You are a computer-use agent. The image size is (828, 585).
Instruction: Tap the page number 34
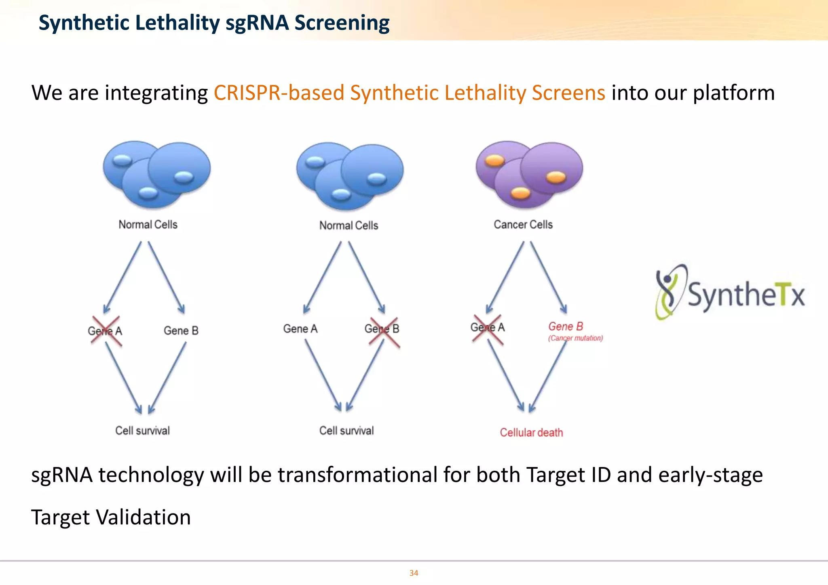414,573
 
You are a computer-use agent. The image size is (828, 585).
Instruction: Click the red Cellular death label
531,433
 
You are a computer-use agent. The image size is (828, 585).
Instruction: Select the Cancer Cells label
523,225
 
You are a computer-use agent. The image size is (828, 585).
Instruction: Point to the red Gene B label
565,326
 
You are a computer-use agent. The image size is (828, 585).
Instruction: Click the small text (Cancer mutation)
575,338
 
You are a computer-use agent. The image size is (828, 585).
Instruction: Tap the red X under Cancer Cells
488,330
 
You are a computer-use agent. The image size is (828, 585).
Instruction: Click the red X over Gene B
384,332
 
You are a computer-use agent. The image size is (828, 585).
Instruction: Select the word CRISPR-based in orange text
279,93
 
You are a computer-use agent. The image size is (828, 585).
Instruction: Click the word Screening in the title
342,23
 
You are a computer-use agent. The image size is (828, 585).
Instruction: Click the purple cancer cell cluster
529,174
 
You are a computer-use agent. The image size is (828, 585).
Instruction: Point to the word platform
733,93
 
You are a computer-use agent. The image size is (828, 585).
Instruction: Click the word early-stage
710,475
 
